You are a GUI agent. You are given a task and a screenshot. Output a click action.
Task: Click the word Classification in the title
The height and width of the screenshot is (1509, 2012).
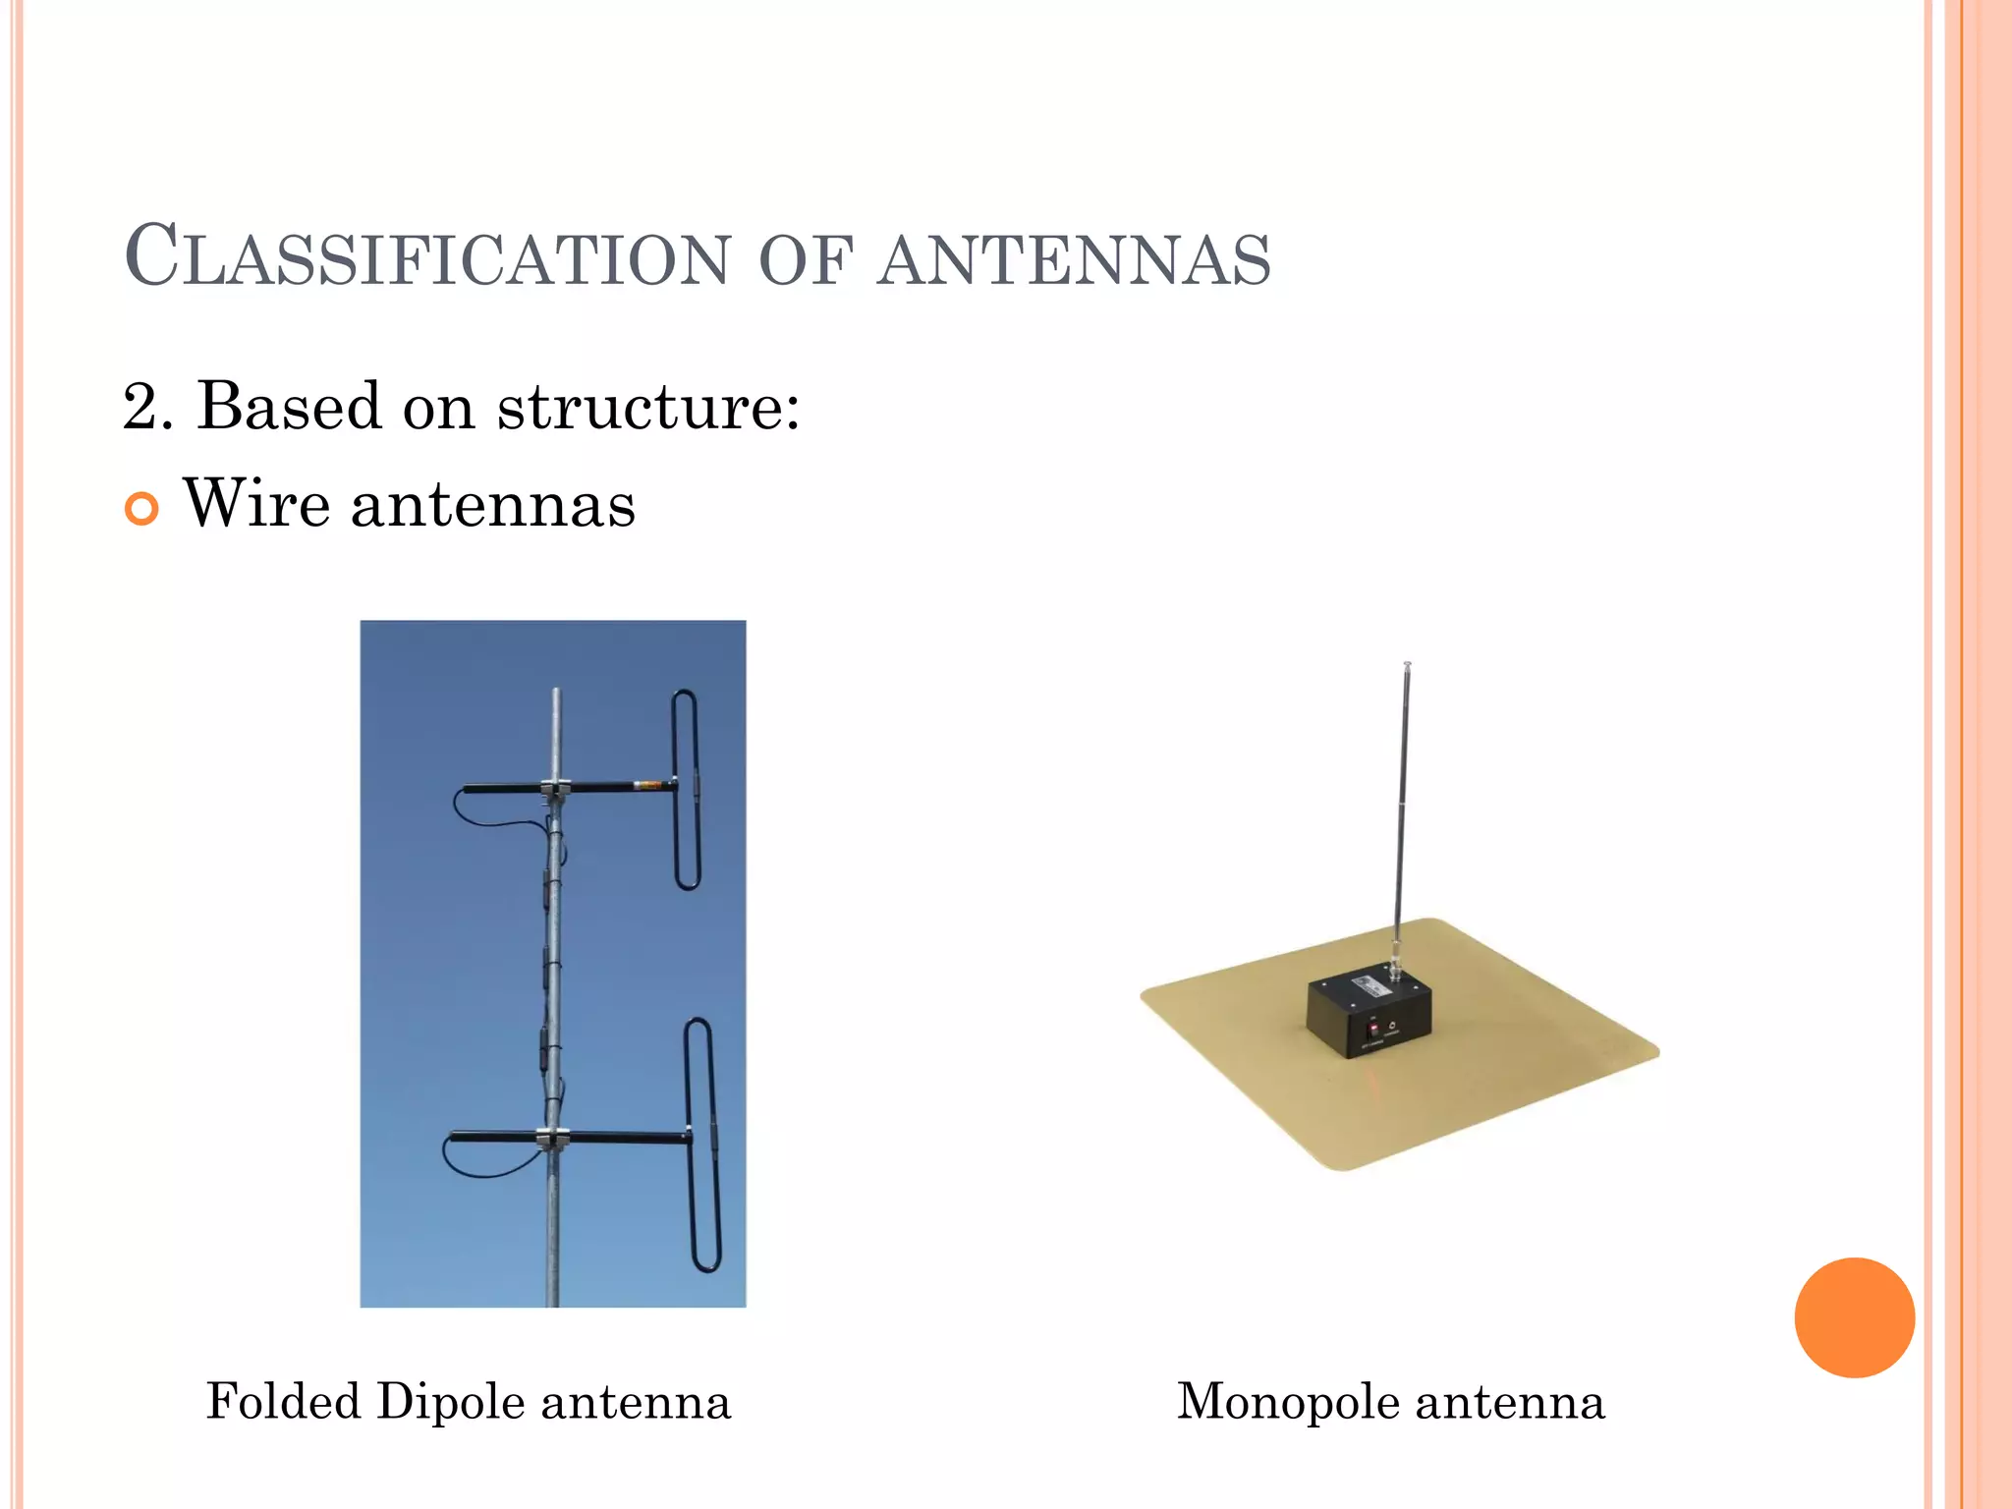(428, 257)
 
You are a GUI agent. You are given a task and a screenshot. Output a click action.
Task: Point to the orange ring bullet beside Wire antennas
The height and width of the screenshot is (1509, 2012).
(141, 509)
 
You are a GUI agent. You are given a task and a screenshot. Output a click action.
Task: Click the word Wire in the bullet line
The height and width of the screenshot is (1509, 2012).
(256, 504)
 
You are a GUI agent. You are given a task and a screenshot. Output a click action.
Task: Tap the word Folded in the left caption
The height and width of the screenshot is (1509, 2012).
(282, 1401)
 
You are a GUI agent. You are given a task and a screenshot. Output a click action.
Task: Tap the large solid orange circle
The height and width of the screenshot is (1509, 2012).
(1854, 1317)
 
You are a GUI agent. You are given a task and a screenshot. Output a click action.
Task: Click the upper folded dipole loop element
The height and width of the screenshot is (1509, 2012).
(686, 790)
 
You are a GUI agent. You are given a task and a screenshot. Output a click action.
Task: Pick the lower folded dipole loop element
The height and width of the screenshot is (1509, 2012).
(703, 1145)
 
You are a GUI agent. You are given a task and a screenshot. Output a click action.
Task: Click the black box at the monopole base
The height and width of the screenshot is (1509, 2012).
(1368, 1016)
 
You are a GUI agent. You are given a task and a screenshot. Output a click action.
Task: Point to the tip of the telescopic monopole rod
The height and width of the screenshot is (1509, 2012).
(1407, 665)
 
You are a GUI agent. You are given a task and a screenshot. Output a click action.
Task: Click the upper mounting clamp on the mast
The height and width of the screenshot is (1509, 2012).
(555, 788)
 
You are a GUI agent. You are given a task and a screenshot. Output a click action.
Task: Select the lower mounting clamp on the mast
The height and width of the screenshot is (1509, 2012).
(553, 1138)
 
